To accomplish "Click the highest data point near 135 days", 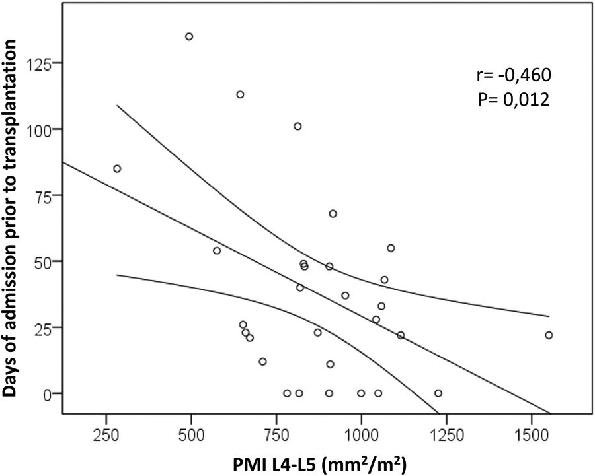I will (x=189, y=36).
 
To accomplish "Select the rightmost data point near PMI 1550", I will (x=549, y=335).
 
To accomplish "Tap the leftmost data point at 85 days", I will (x=117, y=168).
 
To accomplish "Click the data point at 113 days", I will (x=240, y=94).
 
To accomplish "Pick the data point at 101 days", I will (x=297, y=126).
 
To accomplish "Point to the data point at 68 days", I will (x=333, y=213).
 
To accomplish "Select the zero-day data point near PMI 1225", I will (x=438, y=393).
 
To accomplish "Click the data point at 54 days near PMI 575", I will (x=216, y=251).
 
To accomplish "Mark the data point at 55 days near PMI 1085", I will (x=391, y=248).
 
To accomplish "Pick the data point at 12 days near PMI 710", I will (x=262, y=362).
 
